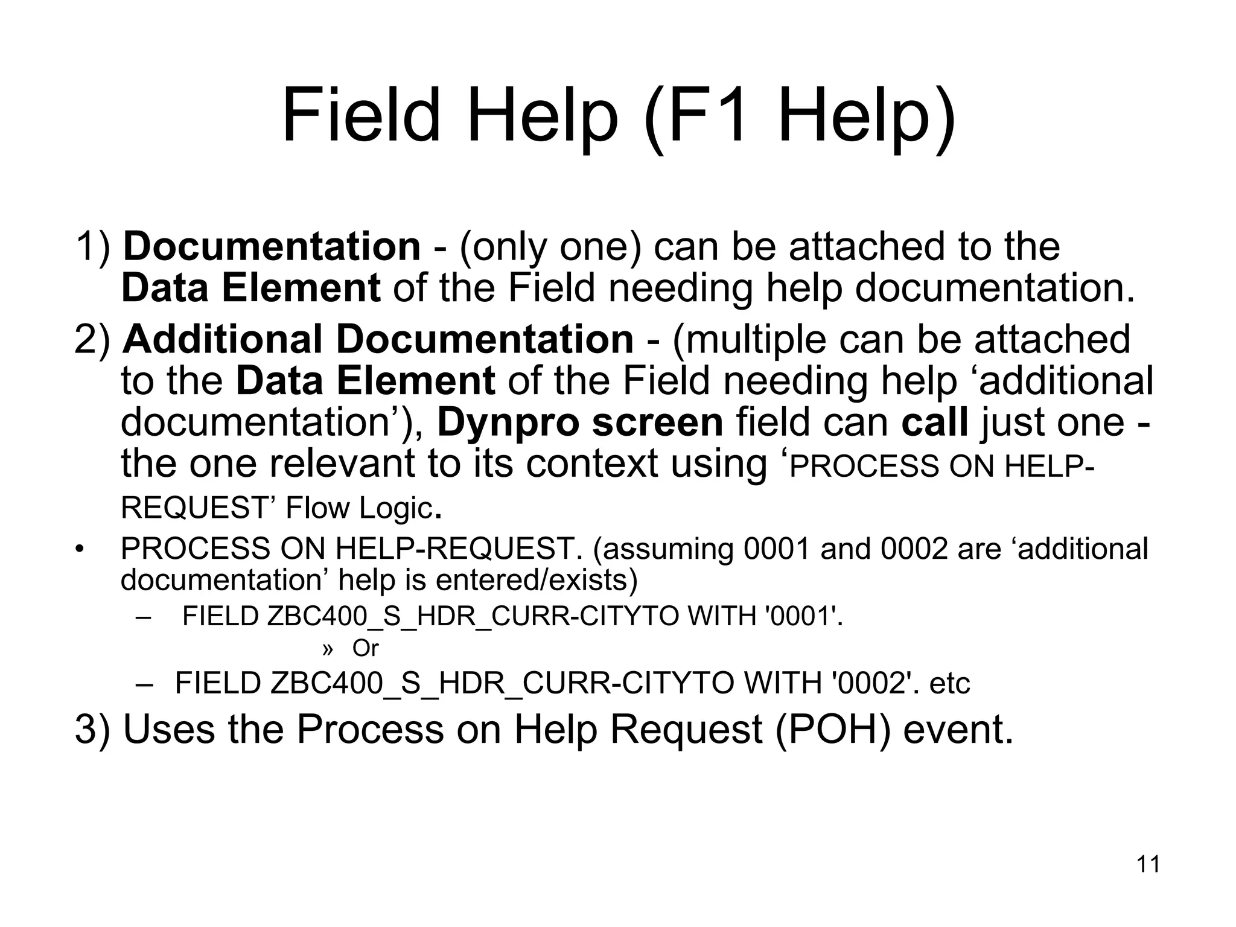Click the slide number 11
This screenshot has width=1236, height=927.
(x=1148, y=864)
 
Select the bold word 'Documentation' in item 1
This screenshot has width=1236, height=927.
(x=272, y=247)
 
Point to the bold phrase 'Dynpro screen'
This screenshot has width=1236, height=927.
(x=580, y=422)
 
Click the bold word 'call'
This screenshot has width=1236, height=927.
(x=935, y=422)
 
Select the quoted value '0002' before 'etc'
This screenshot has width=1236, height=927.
(x=869, y=683)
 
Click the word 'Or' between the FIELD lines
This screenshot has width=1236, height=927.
(x=365, y=648)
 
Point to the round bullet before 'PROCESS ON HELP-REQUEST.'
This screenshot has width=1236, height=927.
(x=78, y=549)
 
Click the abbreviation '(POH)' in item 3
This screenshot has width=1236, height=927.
(x=833, y=729)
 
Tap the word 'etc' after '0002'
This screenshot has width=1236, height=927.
(x=949, y=683)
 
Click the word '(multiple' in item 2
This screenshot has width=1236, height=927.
(x=749, y=339)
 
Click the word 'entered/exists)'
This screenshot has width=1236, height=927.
(x=537, y=580)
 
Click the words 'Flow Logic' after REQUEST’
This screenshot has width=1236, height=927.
(x=360, y=508)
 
